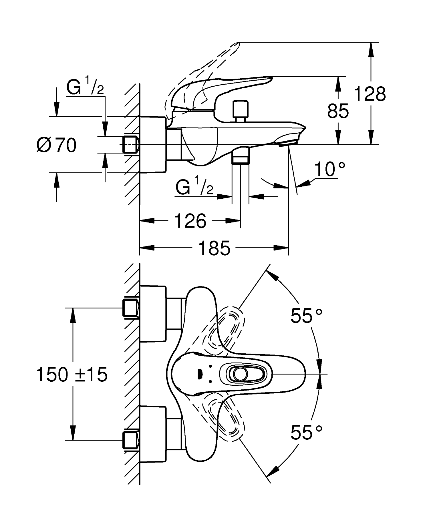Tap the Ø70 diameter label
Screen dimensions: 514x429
click(57, 145)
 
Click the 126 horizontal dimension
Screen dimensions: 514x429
click(190, 221)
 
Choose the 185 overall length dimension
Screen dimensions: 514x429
click(214, 248)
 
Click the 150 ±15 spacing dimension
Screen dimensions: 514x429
click(72, 374)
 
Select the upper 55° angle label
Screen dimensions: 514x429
click(306, 316)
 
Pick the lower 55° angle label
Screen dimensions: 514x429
click(306, 433)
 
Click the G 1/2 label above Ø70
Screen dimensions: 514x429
click(85, 87)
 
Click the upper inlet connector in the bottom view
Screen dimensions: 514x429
click(130, 308)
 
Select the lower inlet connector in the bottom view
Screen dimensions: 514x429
click(130, 440)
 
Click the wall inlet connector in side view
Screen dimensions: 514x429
click(130, 145)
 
